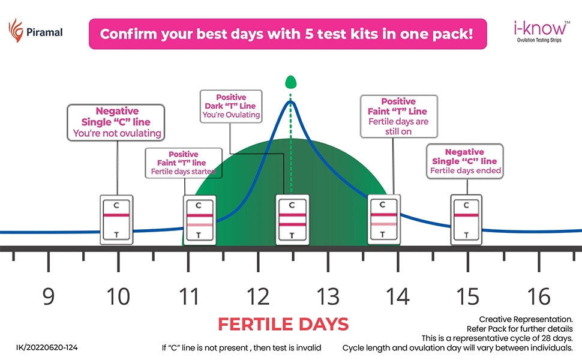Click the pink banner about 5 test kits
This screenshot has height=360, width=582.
pos(287,33)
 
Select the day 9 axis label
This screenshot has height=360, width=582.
pos(49,296)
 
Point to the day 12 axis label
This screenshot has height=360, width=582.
pos(259,296)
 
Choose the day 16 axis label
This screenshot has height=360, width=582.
pos(539,296)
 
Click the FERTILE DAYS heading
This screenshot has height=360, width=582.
pos(283,325)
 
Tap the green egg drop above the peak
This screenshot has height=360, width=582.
pos(291,82)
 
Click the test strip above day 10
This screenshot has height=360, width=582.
pos(116,219)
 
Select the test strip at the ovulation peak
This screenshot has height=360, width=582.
pos(292,219)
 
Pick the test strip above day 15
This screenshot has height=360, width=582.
pos(467,219)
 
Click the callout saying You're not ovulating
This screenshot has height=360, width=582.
pos(116,122)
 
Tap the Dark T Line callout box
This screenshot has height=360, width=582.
pos(231,106)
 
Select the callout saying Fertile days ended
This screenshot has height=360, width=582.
pos(464,161)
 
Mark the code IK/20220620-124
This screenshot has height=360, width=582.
pos(47,347)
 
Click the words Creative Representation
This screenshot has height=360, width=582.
pos(526,319)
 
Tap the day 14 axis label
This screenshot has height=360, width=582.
pos(398,296)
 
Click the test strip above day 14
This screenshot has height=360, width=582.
pos(384,219)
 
